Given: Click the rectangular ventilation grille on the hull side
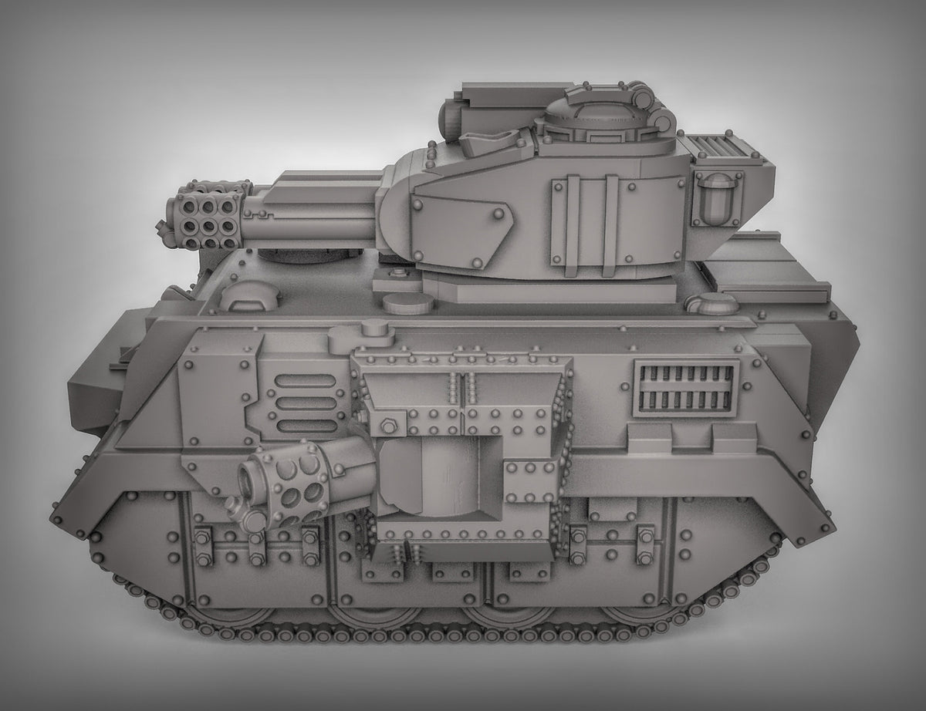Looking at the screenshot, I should (x=685, y=388).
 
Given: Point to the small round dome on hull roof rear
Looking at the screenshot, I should (x=714, y=303).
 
